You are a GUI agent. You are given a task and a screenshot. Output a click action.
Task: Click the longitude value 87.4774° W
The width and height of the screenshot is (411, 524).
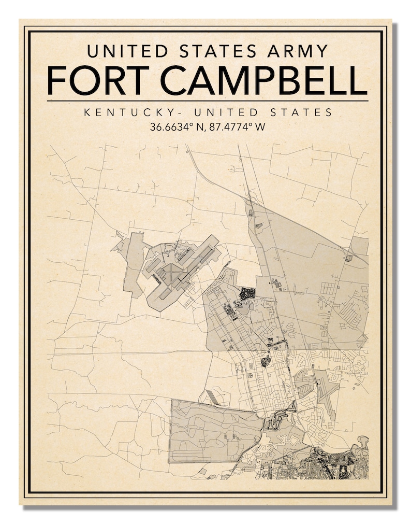point(237,126)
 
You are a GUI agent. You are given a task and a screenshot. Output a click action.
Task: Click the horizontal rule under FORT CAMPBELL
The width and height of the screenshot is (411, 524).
point(207,101)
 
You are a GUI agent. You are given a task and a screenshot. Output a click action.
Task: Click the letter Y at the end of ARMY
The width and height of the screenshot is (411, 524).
point(321,51)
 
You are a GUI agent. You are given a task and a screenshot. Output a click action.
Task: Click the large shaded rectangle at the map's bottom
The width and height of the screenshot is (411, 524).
point(215,430)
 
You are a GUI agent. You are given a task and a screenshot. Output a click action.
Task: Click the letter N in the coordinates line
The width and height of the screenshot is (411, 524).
point(201,126)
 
